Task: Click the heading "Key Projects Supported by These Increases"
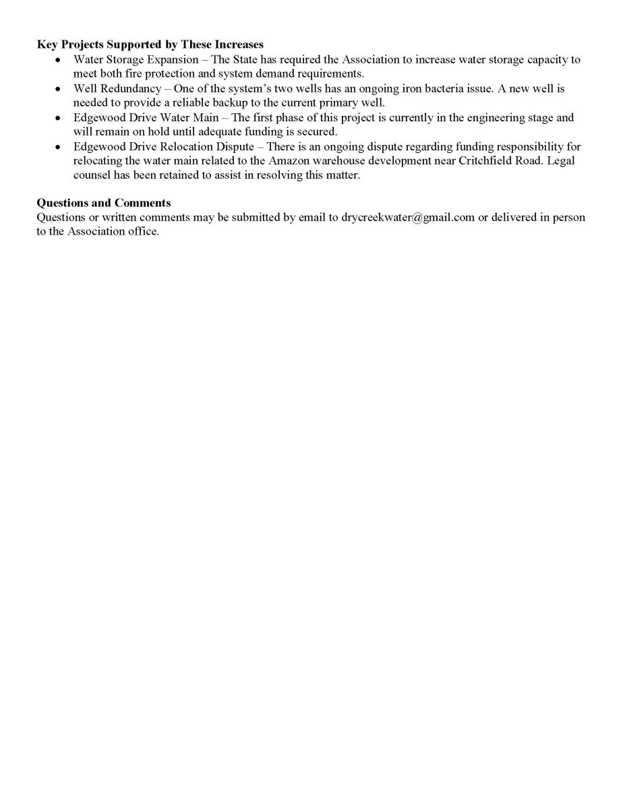[150, 45]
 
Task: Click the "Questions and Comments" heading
[103, 203]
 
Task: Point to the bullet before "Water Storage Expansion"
[59, 59]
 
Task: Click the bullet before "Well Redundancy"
[59, 88]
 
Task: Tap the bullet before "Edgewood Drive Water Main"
[59, 117]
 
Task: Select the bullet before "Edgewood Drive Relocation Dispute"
[59, 146]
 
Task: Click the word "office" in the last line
[143, 232]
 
